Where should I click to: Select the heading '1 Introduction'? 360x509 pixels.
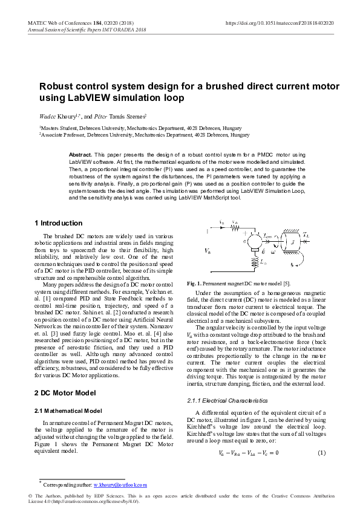pyautogui.click(x=58, y=223)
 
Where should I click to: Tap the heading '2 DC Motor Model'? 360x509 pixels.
pyautogui.click(x=65, y=393)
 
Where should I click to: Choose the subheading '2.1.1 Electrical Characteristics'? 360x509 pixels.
pyautogui.click(x=227, y=400)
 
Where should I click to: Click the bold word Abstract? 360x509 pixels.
pyautogui.click(x=80, y=155)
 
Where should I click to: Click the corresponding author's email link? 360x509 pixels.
pyautogui.click(x=120, y=485)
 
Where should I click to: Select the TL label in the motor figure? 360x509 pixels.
pyautogui.click(x=308, y=233)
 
